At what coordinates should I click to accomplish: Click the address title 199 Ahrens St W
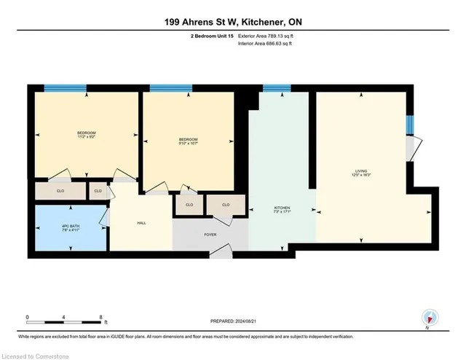[232, 22]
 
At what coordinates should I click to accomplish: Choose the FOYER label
[210, 235]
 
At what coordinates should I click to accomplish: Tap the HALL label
[141, 224]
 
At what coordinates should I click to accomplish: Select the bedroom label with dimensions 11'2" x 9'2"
[87, 135]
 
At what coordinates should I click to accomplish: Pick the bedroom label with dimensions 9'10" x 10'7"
[189, 141]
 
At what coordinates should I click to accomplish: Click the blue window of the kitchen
[276, 88]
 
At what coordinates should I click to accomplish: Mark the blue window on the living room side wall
[410, 125]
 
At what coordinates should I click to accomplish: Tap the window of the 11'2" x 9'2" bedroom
[66, 88]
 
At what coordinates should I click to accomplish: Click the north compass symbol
[430, 317]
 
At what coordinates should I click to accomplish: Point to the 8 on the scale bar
[100, 317]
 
